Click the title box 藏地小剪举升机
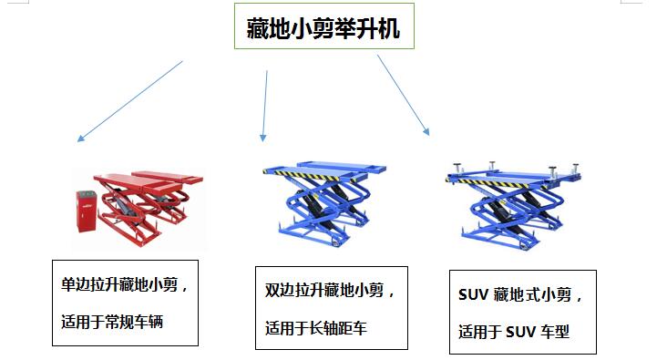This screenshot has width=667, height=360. click(x=329, y=28)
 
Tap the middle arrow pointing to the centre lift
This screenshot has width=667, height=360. click(x=265, y=105)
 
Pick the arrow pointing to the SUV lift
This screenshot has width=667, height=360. click(x=403, y=95)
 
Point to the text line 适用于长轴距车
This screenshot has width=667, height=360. click(x=315, y=328)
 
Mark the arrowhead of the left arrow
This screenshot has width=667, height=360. click(x=80, y=139)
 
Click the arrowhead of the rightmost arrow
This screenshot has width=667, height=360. click(x=426, y=132)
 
